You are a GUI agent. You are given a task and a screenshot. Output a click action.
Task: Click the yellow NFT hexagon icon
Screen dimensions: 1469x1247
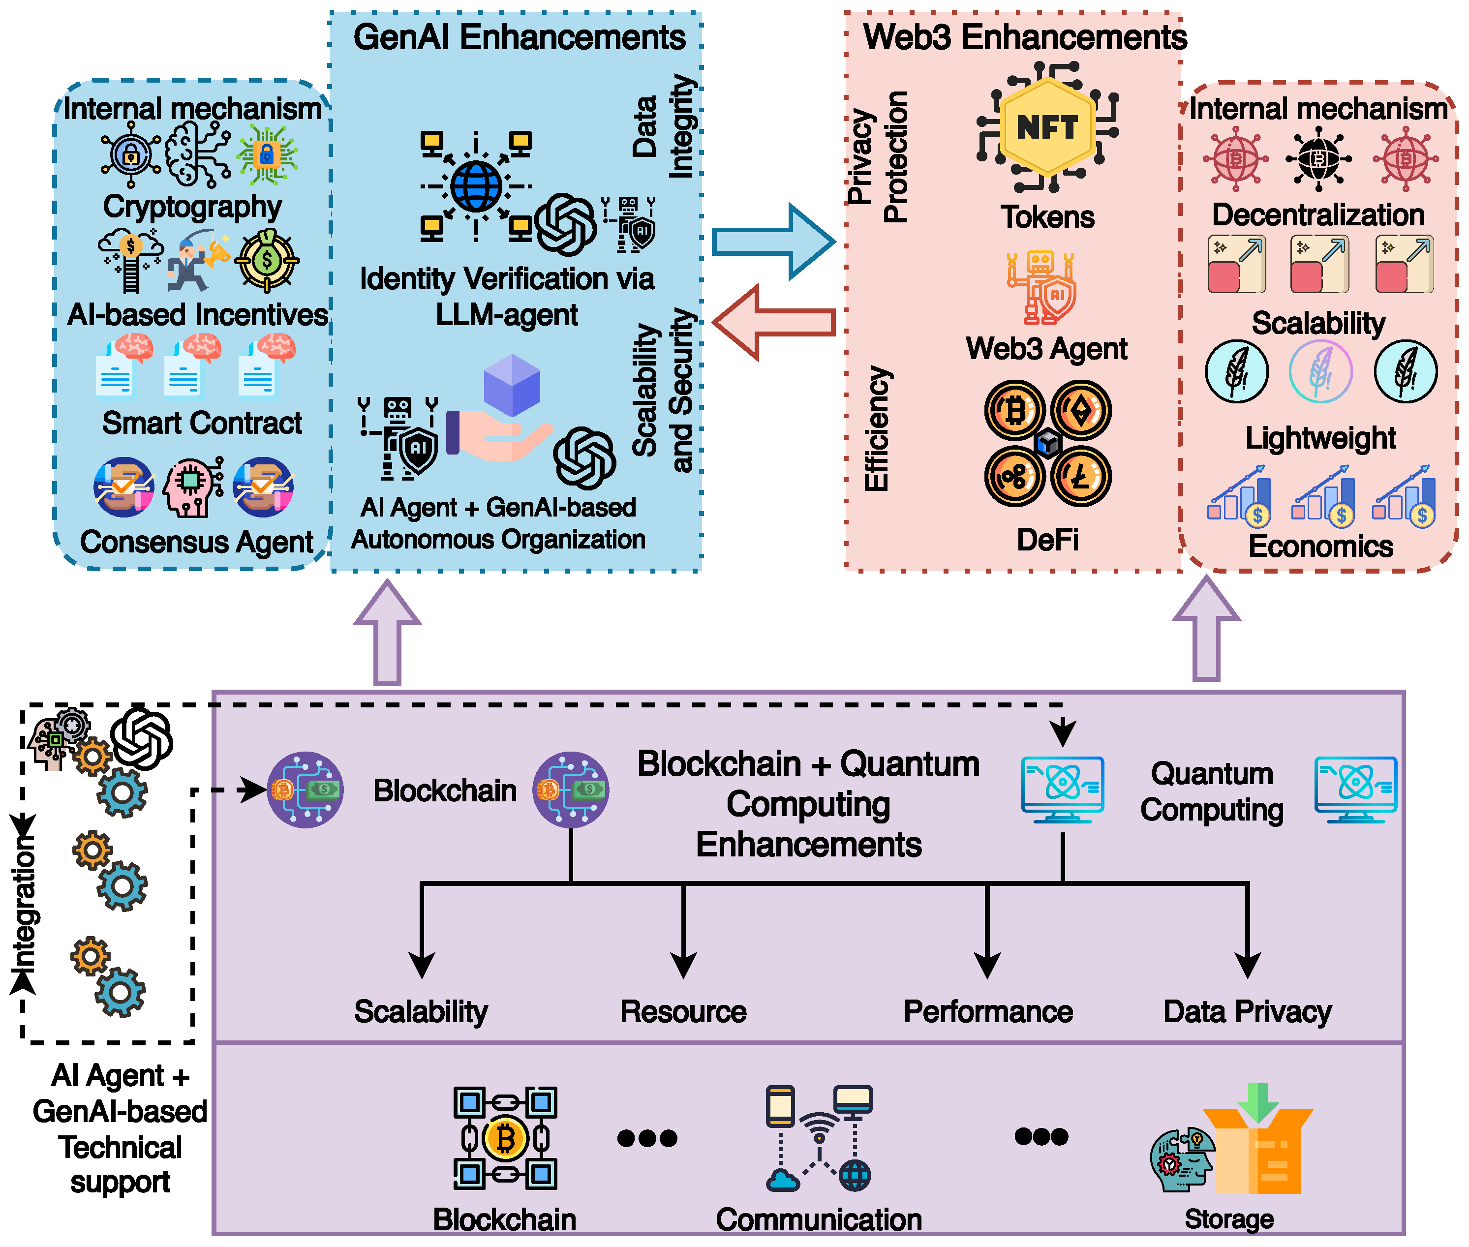tap(1048, 127)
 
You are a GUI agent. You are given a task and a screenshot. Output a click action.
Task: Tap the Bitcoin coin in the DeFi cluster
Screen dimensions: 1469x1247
tap(1014, 411)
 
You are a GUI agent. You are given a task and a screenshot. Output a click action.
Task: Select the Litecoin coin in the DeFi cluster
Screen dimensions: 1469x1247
tap(1081, 477)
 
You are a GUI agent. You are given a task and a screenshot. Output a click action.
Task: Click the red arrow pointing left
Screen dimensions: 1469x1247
tap(774, 322)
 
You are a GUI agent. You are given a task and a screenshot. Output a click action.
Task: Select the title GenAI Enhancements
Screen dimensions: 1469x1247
tap(519, 37)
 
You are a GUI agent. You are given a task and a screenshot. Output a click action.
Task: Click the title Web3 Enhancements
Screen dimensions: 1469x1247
tap(1025, 37)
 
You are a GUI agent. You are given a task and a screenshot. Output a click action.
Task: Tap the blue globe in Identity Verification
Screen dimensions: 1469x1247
tap(476, 186)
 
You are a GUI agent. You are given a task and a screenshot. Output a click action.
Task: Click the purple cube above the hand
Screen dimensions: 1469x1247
tap(512, 385)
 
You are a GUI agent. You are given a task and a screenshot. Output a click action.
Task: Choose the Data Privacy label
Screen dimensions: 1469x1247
tap(1248, 1011)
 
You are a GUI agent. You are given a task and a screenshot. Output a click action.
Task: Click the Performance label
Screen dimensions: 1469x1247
tap(988, 1011)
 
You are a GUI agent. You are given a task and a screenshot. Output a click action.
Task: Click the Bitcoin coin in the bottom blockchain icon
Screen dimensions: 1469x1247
tap(505, 1139)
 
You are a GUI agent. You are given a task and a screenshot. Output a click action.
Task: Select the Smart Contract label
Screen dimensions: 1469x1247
tap(202, 423)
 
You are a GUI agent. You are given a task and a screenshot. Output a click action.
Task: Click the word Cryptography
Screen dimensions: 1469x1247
tap(192, 207)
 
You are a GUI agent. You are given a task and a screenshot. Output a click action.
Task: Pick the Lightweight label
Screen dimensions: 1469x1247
tap(1320, 438)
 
